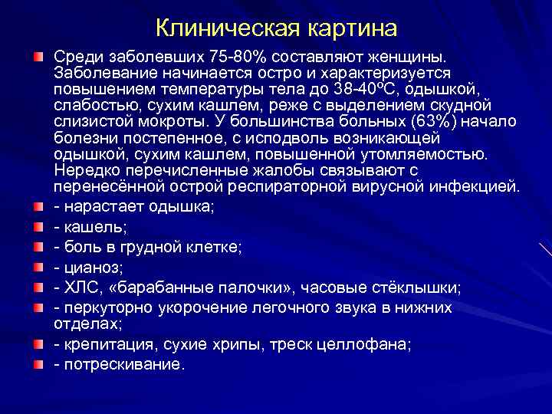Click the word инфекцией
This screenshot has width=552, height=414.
click(481, 186)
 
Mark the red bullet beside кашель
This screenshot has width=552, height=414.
click(38, 227)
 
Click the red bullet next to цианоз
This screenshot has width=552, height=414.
click(38, 267)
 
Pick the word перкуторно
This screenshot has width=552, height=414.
click(102, 307)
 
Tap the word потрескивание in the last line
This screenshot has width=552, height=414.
click(123, 364)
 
